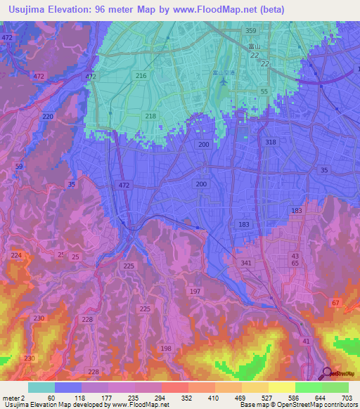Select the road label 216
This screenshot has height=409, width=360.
tap(141, 75)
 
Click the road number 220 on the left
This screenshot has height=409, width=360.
tap(48, 117)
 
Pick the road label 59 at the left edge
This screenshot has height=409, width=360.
tap(19, 167)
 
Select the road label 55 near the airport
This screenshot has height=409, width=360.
tap(264, 92)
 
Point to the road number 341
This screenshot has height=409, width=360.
tap(246, 264)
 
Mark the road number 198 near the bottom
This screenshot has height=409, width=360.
tap(166, 349)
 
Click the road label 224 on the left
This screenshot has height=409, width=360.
tap(17, 255)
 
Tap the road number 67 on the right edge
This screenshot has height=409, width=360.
tap(336, 302)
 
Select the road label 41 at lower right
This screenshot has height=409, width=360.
tap(306, 341)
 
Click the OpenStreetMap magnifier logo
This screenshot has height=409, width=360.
tap(328, 373)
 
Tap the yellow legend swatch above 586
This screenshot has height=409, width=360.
tap(281, 387)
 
